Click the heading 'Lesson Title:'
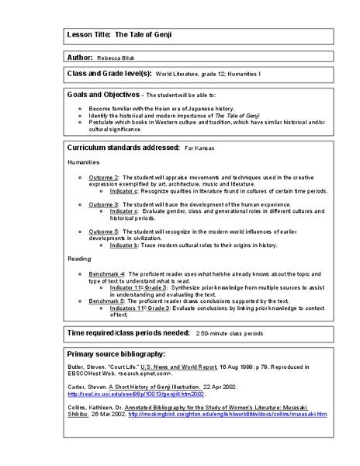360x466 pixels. coord(89,35)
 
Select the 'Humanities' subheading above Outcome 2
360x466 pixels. coord(83,164)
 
